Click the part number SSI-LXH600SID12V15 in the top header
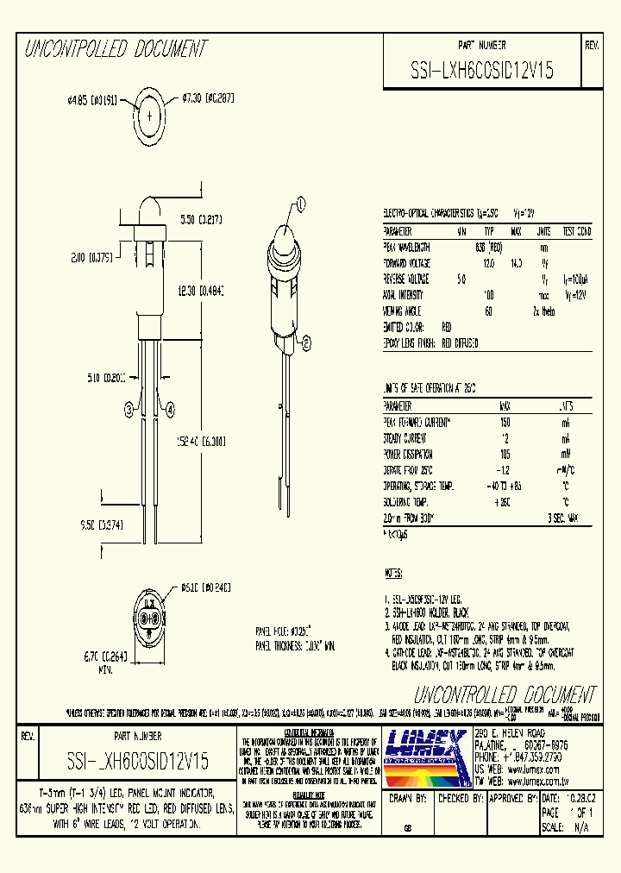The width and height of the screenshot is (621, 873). pyautogui.click(x=482, y=72)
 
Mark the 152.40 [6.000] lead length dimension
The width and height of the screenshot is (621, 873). pyautogui.click(x=201, y=441)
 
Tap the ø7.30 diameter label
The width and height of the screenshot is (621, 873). pyautogui.click(x=208, y=98)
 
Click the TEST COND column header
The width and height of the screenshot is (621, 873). pyautogui.click(x=577, y=231)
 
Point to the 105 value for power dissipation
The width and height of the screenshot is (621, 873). pyautogui.click(x=505, y=453)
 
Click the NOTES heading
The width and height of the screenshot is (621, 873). pyautogui.click(x=392, y=573)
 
